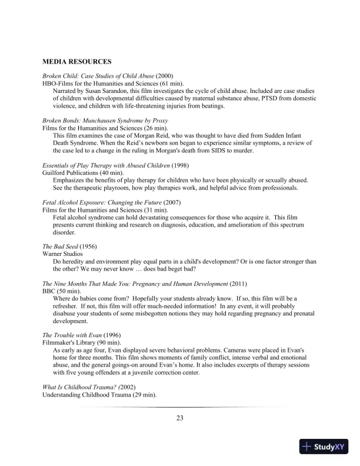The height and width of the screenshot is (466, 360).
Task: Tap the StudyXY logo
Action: click(x=325, y=447)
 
